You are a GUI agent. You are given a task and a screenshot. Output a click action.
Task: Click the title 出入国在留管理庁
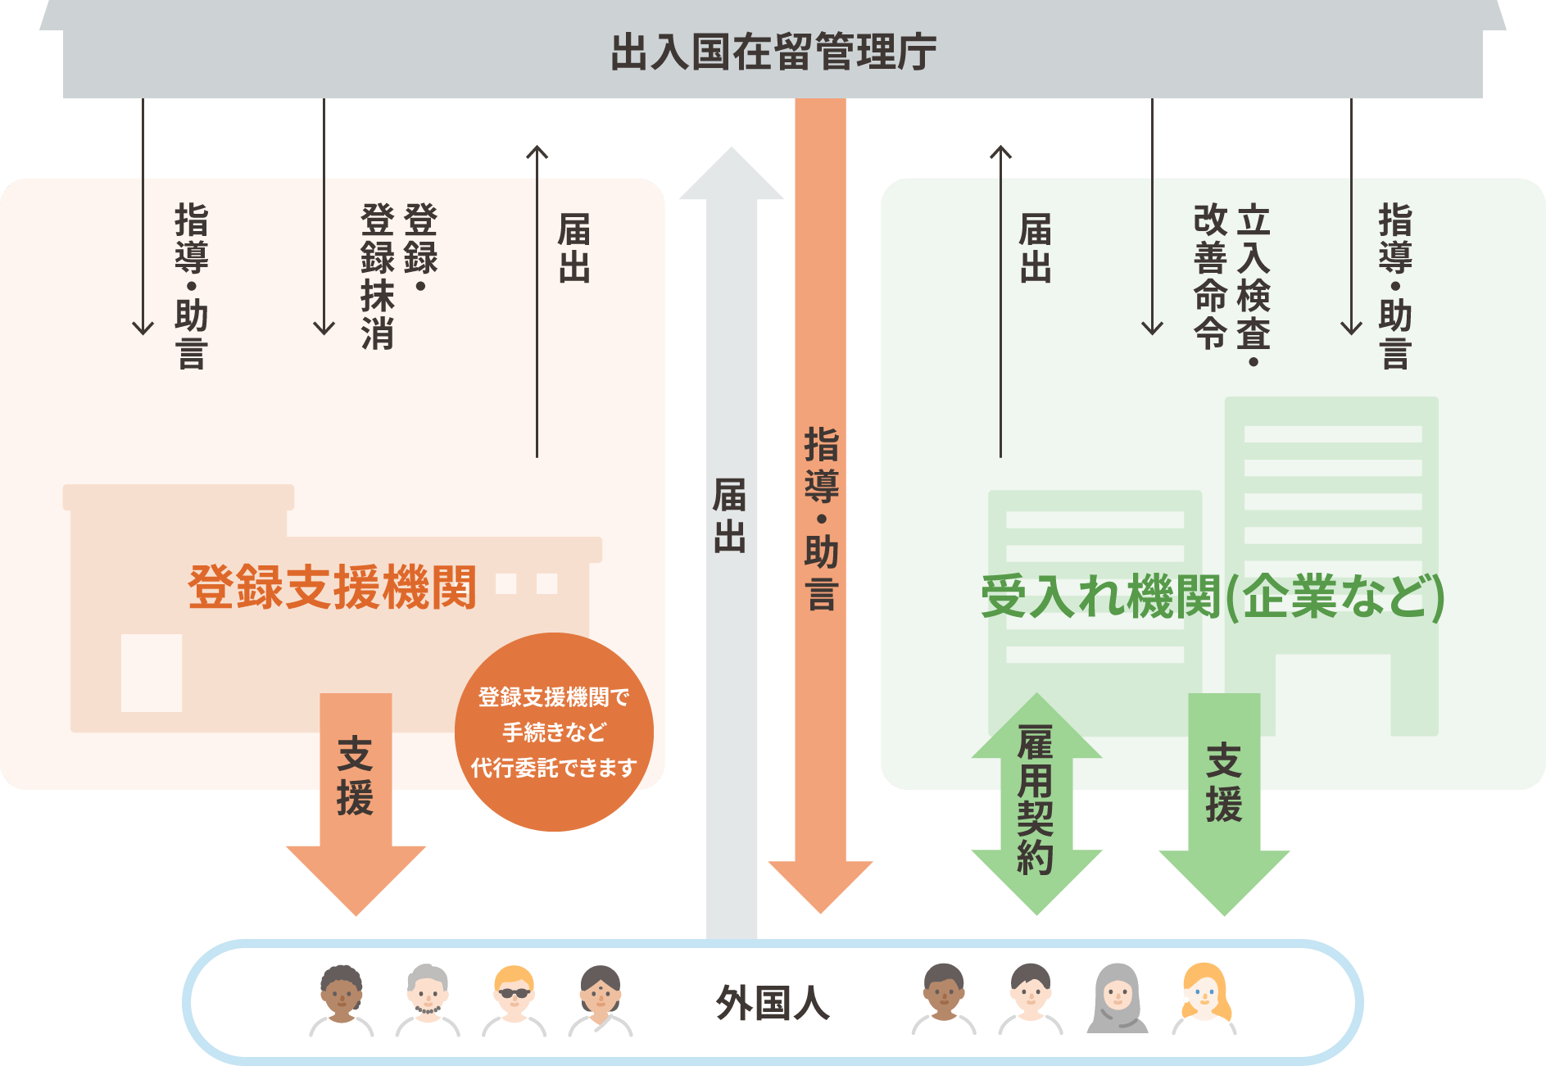(773, 52)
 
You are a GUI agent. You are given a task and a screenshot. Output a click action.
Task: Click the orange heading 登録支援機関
(332, 587)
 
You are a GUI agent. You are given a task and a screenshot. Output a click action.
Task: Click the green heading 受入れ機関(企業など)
(1212, 597)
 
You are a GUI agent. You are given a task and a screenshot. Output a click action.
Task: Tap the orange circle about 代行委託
(554, 732)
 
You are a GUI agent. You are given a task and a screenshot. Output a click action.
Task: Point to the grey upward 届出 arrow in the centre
(731, 524)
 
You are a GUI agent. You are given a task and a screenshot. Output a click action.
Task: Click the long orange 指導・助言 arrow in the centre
(820, 508)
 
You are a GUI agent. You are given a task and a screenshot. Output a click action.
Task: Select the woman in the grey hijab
(1118, 998)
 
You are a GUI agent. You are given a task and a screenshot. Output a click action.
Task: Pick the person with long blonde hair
(1204, 998)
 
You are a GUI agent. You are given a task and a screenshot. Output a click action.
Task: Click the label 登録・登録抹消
(399, 276)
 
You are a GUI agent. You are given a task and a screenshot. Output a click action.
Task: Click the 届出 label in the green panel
(1035, 247)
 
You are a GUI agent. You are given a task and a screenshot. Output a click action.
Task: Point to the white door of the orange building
(152, 672)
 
